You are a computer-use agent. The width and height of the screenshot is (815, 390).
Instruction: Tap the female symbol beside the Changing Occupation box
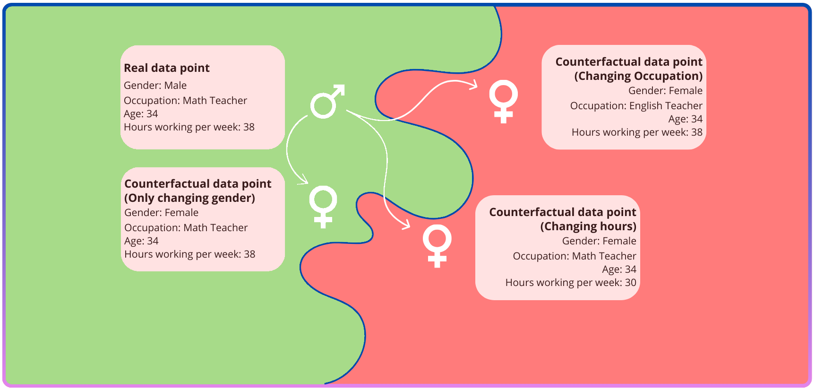503,101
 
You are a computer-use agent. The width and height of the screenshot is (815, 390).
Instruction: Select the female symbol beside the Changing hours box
437,245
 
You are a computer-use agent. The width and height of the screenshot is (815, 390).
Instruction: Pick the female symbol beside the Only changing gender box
323,206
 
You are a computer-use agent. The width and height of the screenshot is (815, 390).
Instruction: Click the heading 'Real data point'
167,68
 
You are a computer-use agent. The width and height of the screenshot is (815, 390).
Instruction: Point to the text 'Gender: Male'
155,86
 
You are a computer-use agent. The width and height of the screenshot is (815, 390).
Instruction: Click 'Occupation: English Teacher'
636,106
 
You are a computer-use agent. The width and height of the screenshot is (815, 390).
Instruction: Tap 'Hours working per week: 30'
571,283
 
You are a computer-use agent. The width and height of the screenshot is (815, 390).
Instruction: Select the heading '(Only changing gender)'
189,198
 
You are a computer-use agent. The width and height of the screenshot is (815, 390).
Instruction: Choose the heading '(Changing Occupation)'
638,76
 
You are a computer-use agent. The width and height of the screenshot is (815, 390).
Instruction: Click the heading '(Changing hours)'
588,226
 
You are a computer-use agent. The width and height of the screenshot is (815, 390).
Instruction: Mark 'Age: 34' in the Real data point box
141,114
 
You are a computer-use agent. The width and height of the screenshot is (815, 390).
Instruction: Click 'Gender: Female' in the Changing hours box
599,241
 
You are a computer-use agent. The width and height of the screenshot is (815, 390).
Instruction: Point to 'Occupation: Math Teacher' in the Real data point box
185,101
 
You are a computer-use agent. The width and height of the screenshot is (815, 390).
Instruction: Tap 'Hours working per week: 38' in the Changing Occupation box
637,132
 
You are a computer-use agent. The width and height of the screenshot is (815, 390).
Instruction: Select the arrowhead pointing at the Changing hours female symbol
406,225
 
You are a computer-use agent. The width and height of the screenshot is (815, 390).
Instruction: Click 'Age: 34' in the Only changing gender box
141,241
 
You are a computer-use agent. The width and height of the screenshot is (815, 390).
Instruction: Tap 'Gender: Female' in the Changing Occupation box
665,91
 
